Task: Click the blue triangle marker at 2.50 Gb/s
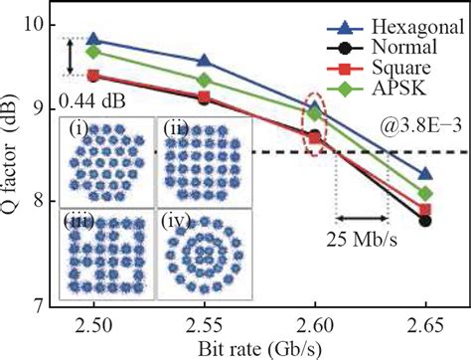click(x=93, y=40)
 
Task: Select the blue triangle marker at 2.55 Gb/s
click(x=204, y=62)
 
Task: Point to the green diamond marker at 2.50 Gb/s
click(x=93, y=52)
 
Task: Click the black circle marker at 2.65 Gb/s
click(x=425, y=221)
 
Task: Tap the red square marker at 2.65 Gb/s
click(x=425, y=210)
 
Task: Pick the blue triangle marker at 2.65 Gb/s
click(x=425, y=174)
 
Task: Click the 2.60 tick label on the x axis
click(x=315, y=327)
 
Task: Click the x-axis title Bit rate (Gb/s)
click(x=258, y=348)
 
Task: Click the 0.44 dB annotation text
click(x=85, y=100)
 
